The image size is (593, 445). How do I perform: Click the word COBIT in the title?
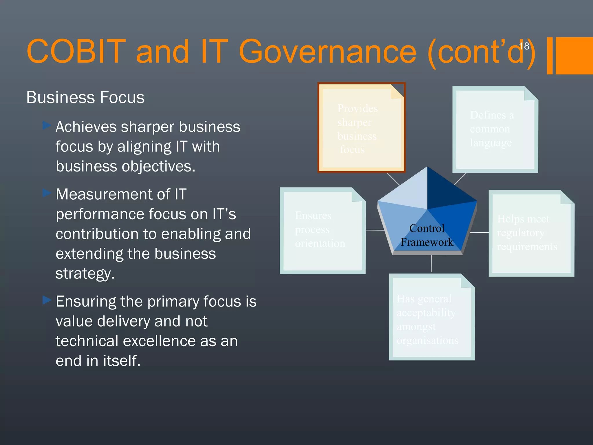point(76,52)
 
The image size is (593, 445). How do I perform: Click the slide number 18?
point(524,46)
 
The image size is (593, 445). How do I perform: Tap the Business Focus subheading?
point(85,97)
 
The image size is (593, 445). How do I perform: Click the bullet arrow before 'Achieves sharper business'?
point(47,125)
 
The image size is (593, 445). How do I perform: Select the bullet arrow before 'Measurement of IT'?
point(47,193)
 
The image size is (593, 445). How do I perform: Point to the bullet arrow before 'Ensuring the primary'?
point(47,300)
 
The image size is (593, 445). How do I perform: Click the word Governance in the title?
point(327,52)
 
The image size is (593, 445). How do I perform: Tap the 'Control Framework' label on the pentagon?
point(427,235)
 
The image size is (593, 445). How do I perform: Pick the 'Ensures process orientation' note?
point(322,231)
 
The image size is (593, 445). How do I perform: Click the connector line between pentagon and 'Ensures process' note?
point(375,230)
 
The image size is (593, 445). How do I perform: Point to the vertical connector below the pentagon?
point(431,263)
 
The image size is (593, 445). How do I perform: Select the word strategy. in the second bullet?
point(85,273)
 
